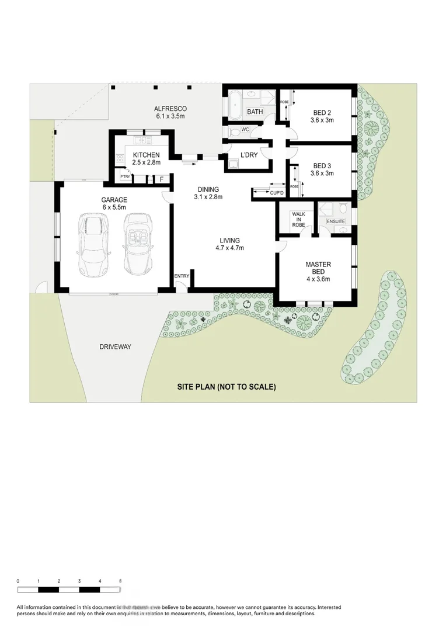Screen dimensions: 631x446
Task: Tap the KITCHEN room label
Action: [146, 155]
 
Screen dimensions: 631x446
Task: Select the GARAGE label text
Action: [114, 200]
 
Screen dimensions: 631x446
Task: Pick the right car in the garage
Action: [138, 243]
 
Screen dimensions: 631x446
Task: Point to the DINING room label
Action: [208, 189]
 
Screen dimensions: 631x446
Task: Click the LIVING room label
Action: [229, 241]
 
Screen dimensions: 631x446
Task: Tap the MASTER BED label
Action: [318, 265]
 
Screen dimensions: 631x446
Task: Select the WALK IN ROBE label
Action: [298, 219]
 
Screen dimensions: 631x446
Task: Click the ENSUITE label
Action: [336, 221]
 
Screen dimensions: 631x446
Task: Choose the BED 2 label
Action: [322, 113]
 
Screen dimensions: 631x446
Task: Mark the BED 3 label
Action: [322, 165]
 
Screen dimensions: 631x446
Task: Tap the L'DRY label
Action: [249, 155]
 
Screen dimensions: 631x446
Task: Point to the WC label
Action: [245, 130]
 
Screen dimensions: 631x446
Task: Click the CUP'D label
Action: [276, 193]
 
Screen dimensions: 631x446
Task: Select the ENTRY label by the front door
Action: [182, 276]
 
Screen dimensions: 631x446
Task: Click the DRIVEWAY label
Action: [115, 346]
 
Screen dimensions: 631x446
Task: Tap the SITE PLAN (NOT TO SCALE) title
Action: [227, 387]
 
